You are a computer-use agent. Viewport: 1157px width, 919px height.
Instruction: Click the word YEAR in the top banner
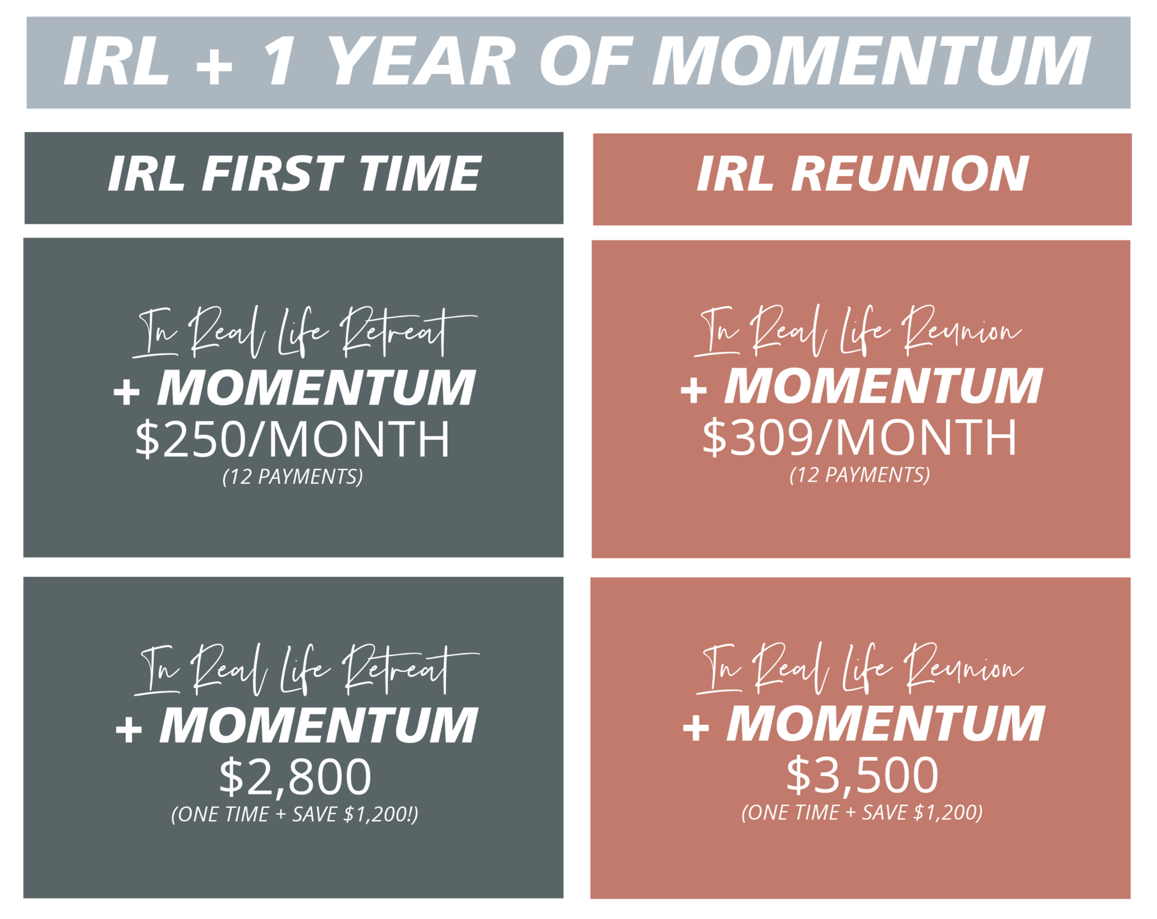coord(421,61)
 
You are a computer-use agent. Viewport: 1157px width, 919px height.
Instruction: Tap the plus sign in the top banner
coord(214,64)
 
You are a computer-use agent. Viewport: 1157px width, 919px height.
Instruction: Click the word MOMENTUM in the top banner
coord(871,61)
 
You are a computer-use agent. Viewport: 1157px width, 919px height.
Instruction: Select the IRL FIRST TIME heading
coord(294,174)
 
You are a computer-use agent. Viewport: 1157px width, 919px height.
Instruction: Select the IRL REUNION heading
coord(862,174)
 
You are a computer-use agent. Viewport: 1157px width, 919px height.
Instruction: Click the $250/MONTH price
coord(292,439)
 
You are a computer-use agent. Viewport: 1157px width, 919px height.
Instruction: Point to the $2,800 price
coord(295,776)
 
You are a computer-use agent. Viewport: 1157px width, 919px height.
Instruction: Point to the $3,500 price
coord(862,775)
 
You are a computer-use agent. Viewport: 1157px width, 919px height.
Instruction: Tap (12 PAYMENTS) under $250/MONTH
coord(293,477)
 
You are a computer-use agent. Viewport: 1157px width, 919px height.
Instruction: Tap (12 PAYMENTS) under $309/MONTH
coord(860,475)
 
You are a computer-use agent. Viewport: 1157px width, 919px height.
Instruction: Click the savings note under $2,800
coord(295,814)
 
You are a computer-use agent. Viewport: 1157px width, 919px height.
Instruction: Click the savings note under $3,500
coord(862,812)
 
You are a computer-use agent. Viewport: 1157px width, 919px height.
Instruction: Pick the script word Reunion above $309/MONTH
coord(960,329)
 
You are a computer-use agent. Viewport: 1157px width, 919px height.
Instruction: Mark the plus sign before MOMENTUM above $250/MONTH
coord(126,391)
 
